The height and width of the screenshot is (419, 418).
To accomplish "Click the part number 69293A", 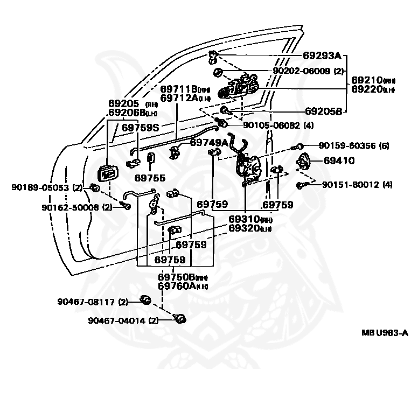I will (x=322, y=55).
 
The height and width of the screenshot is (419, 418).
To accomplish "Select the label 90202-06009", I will (x=301, y=71).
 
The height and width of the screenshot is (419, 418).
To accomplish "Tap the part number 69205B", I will (x=323, y=111).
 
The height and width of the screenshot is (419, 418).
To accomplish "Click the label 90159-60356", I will (x=346, y=146).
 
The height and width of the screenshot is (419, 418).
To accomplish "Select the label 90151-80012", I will (x=350, y=185).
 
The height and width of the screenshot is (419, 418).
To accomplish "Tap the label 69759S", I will (x=140, y=128).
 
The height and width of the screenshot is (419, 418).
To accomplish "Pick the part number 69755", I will (x=150, y=177).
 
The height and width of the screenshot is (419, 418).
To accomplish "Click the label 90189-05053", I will (x=41, y=187).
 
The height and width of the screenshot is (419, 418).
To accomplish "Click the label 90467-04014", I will (x=117, y=320).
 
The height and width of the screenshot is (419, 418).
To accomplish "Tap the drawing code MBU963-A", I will (x=385, y=333).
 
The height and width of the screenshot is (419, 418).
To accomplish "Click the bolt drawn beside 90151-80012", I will (x=302, y=186).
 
